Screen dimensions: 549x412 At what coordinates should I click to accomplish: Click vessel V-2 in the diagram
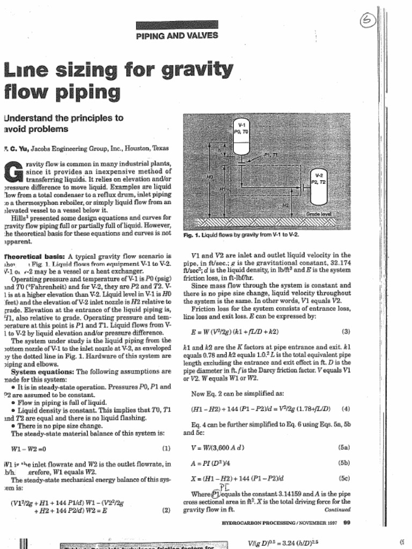319,187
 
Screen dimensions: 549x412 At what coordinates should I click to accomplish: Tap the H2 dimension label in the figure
286,205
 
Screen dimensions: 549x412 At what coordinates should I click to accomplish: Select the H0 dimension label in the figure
210,176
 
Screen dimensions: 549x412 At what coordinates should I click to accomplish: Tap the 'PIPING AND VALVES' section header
177,35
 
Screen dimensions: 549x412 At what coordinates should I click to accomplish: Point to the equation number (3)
345,331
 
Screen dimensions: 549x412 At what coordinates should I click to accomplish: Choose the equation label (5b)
344,462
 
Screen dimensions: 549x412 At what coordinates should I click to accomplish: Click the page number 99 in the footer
347,522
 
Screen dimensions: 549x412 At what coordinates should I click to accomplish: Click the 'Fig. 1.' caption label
192,235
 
